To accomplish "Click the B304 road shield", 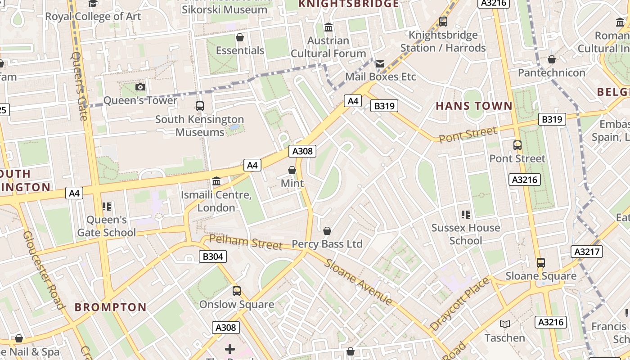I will pyautogui.click(x=213, y=256).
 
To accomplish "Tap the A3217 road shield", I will pyautogui.click(x=587, y=252).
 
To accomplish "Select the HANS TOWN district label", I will pyautogui.click(x=474, y=106).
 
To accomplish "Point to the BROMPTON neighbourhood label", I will pyautogui.click(x=110, y=307).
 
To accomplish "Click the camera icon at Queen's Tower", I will pyautogui.click(x=140, y=87).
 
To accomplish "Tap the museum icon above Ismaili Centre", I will pyautogui.click(x=216, y=181).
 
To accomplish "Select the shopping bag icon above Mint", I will pyautogui.click(x=292, y=170).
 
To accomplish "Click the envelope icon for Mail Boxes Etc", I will pyautogui.click(x=380, y=64).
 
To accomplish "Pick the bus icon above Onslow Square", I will pyautogui.click(x=237, y=291).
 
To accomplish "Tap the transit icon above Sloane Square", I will pyautogui.click(x=540, y=263).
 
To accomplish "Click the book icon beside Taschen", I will pyautogui.click(x=505, y=324).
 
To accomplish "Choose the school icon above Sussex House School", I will pyautogui.click(x=466, y=215).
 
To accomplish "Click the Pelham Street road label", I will pyautogui.click(x=246, y=242).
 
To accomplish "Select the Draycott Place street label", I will pyautogui.click(x=459, y=304).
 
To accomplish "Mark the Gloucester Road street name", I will pyautogui.click(x=44, y=270).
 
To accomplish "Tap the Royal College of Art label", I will pyautogui.click(x=93, y=17).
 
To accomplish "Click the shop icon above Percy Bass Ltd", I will pyautogui.click(x=327, y=231).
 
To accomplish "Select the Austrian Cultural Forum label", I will pyautogui.click(x=328, y=47).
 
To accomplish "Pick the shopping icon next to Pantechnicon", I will pyautogui.click(x=552, y=59).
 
